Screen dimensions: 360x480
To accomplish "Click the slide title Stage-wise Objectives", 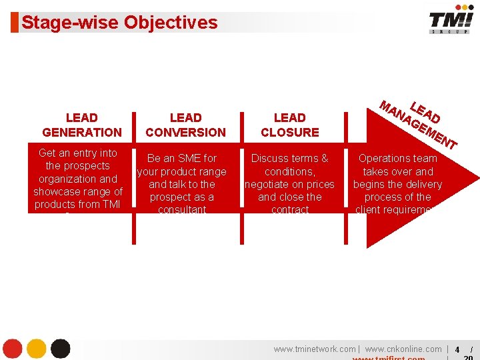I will click(119, 23).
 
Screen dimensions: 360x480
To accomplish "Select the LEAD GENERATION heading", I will click(82, 125).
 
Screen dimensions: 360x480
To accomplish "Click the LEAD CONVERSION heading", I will click(185, 125).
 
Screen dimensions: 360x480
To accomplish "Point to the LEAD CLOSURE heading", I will click(289, 125).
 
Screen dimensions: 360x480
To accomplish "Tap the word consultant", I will click(182, 210).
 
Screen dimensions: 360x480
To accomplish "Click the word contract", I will click(290, 210).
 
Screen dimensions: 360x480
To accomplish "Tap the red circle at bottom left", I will click(13, 349).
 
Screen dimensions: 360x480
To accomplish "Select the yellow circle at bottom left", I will click(36, 349).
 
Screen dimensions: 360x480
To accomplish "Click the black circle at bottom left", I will click(60, 349).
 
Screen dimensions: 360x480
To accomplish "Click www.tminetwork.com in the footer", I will click(314, 349).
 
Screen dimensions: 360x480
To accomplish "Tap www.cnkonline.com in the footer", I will click(403, 349).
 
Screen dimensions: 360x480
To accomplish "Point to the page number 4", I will click(457, 350).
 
